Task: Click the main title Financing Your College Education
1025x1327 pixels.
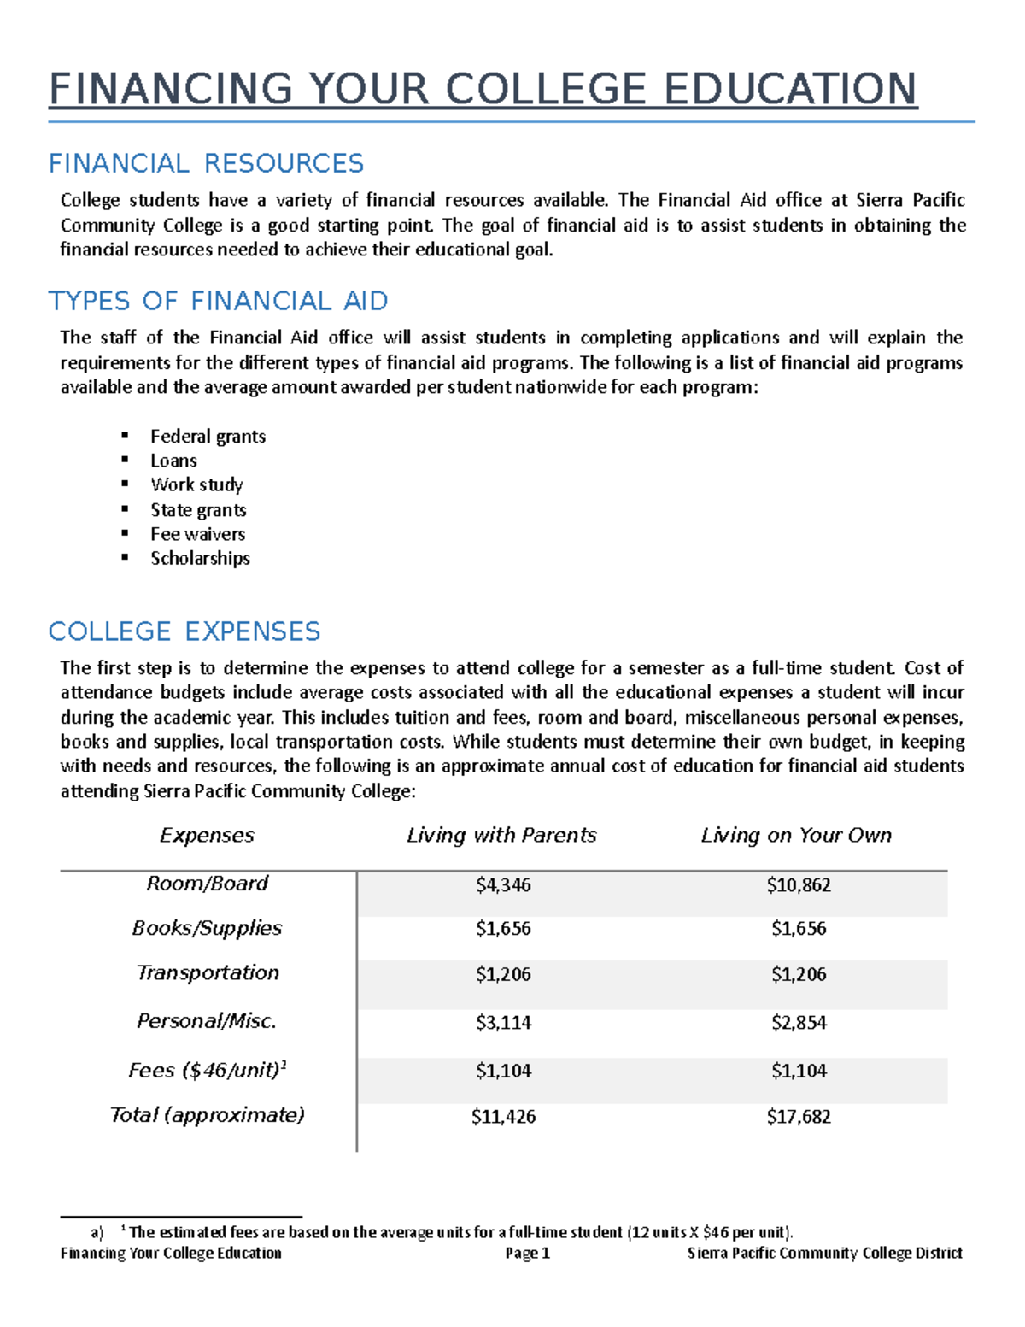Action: coord(483,90)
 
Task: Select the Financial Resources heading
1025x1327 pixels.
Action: coord(206,163)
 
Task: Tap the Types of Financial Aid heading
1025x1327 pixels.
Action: coord(218,301)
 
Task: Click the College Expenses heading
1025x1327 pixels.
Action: coord(184,631)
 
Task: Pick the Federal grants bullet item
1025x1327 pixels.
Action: coord(208,437)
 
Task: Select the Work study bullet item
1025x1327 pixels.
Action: coord(196,484)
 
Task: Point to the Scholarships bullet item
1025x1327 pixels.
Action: coord(200,558)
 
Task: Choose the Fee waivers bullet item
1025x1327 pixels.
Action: coord(197,534)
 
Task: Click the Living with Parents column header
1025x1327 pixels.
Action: coord(501,835)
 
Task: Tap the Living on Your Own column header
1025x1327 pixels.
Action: coord(796,835)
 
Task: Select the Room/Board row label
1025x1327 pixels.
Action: coord(207,884)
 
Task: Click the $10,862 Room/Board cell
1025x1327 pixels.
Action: coord(798,885)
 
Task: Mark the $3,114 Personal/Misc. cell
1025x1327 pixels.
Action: coord(503,1023)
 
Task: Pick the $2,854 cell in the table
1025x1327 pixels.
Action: coord(798,1023)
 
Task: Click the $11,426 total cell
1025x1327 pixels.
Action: coord(503,1117)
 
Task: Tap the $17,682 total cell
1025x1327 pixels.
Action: coord(798,1117)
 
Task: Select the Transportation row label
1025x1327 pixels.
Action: coord(208,973)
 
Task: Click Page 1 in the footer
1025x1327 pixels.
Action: coord(527,1254)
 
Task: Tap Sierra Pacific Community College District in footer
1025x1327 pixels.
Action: coord(824,1254)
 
